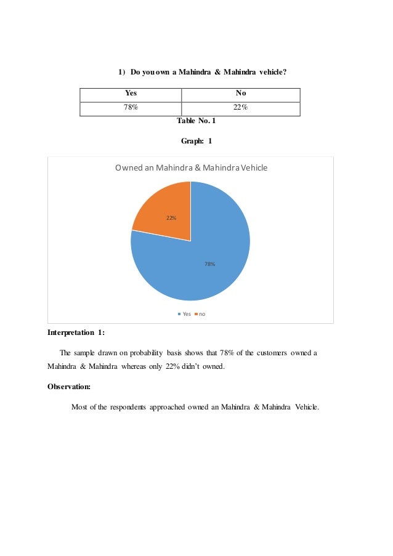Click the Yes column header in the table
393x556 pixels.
pos(131,94)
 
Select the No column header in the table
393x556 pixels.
pos(241,94)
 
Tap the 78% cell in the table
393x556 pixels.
pos(131,108)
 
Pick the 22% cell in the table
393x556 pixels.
pos(241,108)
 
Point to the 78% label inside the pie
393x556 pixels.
pos(210,264)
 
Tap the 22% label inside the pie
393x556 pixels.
pos(171,218)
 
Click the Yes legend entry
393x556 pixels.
pos(185,314)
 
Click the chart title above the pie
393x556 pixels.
pos(191,167)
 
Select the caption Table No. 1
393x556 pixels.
pos(196,121)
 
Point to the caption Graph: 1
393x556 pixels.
pos(196,141)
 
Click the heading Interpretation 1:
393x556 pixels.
pos(76,333)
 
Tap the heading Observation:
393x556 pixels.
pos(69,387)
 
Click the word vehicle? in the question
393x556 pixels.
pos(272,73)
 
